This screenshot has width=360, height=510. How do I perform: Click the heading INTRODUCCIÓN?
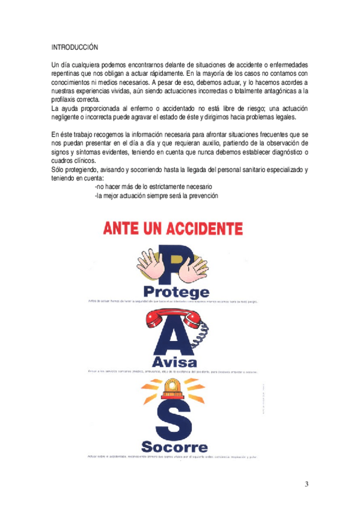(x=75, y=46)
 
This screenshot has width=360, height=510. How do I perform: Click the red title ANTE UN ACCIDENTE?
(x=173, y=229)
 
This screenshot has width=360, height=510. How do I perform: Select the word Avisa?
(x=174, y=363)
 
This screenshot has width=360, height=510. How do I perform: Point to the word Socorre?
(x=174, y=447)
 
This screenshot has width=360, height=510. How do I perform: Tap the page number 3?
(x=307, y=485)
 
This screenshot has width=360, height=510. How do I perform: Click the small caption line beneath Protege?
(x=173, y=301)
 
